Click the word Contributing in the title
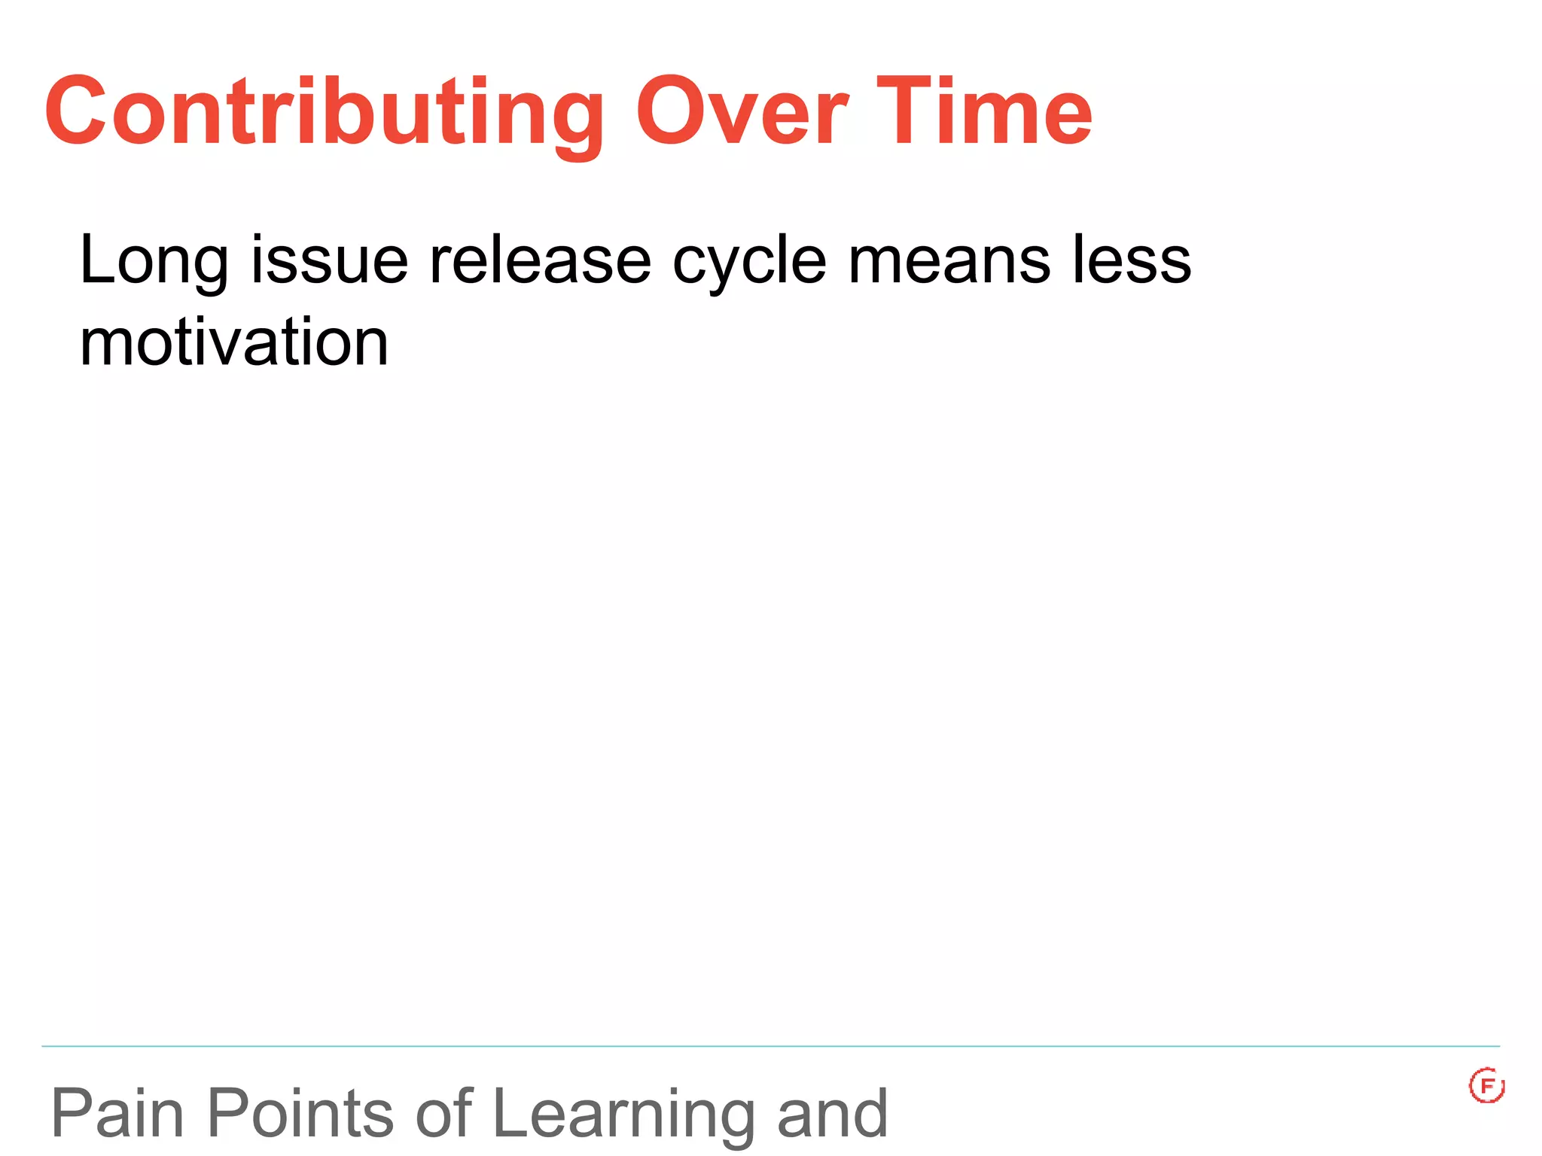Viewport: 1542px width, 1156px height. [x=324, y=113]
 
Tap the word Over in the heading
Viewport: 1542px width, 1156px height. [x=742, y=113]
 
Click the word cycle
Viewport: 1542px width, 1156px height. [x=749, y=262]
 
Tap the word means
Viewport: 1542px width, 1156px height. [x=949, y=262]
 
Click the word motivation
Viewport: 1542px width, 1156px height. [x=234, y=342]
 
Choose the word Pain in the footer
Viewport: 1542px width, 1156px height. [x=117, y=1114]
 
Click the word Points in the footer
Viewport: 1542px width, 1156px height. [x=300, y=1114]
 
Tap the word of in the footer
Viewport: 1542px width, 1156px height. [x=443, y=1114]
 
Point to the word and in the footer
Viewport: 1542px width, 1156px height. [x=832, y=1114]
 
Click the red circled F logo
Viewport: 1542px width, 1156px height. [x=1486, y=1085]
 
